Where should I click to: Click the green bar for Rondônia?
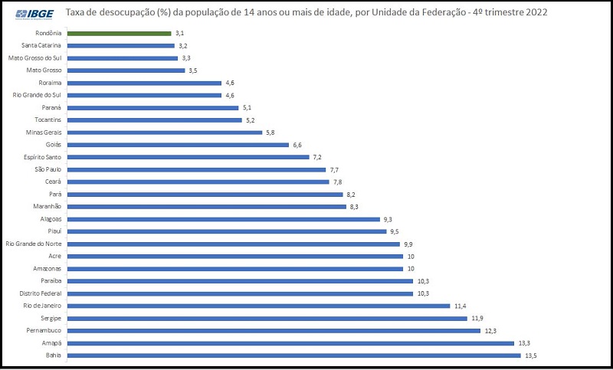click(119, 34)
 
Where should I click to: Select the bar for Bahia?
click(293, 355)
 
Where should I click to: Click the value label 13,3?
click(524, 343)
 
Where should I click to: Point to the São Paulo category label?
click(48, 169)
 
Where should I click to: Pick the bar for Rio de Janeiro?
click(258, 306)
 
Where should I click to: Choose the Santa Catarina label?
click(41, 46)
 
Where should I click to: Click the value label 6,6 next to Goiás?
click(298, 145)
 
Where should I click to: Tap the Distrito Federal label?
click(40, 293)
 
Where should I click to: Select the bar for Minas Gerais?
click(164, 133)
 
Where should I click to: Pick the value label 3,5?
click(193, 70)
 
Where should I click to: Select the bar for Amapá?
click(290, 343)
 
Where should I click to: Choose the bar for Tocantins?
click(154, 120)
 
